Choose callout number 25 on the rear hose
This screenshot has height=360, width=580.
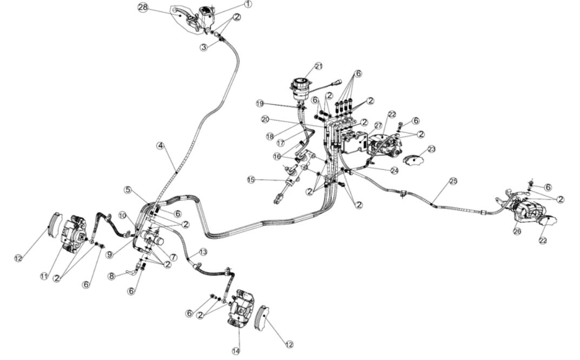[453, 181]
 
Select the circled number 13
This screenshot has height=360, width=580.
[203, 252]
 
